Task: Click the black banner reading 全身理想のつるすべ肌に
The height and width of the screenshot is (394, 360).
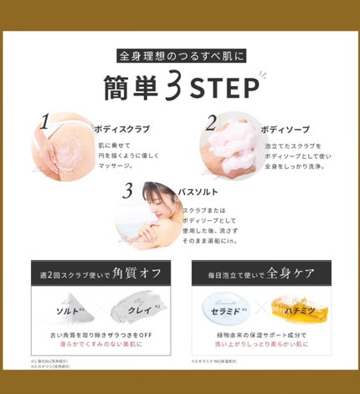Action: pos(179,58)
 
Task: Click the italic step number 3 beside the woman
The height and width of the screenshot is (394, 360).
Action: pos(127,191)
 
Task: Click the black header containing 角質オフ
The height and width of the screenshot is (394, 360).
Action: pos(100,273)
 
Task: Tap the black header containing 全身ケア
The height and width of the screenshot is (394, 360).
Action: pos(260,273)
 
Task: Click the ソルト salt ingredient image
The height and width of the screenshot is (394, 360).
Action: pos(63,309)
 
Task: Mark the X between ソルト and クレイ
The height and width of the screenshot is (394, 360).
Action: pos(100,310)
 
